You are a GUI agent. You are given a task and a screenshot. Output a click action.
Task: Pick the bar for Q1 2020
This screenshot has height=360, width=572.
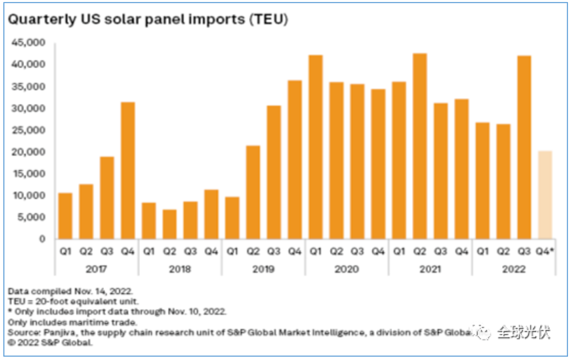click(315, 147)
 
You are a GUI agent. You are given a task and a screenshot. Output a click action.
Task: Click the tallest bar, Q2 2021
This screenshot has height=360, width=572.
click(420, 146)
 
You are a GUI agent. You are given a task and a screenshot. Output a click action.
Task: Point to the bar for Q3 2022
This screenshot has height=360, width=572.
click(524, 147)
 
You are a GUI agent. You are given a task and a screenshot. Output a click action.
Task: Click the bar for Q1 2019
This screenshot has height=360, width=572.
click(232, 218)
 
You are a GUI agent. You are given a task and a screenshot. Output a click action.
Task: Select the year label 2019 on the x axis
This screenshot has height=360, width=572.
click(263, 269)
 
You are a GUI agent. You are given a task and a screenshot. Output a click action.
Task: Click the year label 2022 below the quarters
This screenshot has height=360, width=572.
click(513, 269)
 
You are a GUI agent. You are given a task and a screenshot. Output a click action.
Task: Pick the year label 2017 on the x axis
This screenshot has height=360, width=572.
click(97, 269)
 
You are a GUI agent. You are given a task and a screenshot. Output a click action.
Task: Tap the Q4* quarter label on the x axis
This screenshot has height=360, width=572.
click(545, 251)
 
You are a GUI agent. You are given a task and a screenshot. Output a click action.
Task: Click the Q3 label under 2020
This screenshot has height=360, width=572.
click(357, 251)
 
